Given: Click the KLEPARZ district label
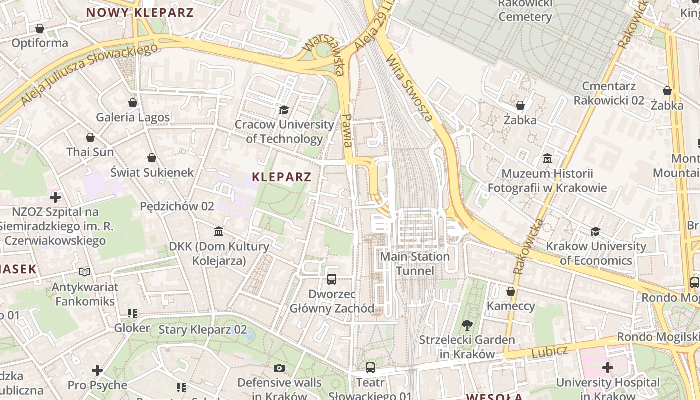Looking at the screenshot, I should coord(281,177).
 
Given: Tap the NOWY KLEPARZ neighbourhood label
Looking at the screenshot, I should coord(140,13).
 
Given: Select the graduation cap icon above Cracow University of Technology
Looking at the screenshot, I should coord(284,110).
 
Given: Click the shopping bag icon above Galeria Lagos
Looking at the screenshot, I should coord(133,103).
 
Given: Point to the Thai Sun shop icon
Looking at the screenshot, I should coord(90,137).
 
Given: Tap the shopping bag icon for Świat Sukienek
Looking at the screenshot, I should coord(152,158).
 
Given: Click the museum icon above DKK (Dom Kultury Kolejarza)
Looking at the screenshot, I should coord(219,231).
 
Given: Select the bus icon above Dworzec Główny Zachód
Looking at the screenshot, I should coord(332,279).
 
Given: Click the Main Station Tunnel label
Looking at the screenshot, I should coord(415,263).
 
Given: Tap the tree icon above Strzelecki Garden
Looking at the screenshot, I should coord(467,325).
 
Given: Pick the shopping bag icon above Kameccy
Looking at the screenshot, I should coord(511,291).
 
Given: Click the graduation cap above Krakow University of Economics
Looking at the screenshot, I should coord(595,231).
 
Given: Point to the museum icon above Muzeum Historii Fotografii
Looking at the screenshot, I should coord(547,159).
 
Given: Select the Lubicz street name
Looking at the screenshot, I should coord(549,351).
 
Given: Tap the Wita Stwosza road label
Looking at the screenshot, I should coord(409,88).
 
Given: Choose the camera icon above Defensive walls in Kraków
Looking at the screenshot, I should coord(279,368).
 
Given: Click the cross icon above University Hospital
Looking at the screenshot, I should coord(608,368).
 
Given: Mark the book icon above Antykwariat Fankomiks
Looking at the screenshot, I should coord(85,272).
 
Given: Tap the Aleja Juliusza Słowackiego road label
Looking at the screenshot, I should coord(90,74).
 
